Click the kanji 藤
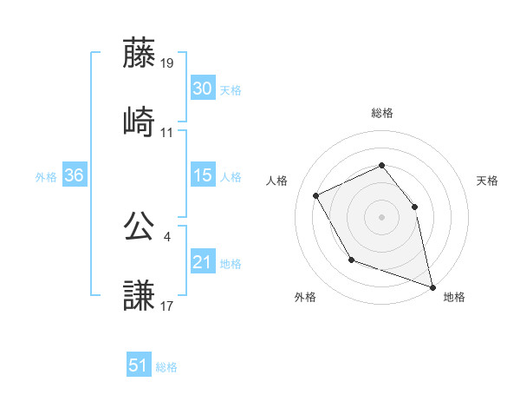tap(140, 54)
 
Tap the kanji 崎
tap(140, 121)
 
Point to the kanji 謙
tap(140, 293)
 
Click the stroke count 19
tap(167, 63)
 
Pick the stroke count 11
tap(167, 133)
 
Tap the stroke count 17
tap(167, 306)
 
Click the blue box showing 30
tap(203, 89)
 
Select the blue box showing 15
tap(203, 175)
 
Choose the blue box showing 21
tap(203, 262)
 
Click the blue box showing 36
tap(74, 175)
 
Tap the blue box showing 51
tap(138, 365)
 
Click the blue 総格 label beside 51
tap(166, 367)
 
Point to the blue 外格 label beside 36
tap(46, 176)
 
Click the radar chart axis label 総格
tap(382, 113)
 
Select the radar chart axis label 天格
tap(488, 181)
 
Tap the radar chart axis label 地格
tap(454, 297)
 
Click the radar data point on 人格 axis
tap(316, 195)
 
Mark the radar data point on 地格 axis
tap(432, 286)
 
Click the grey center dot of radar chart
tap(381, 217)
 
